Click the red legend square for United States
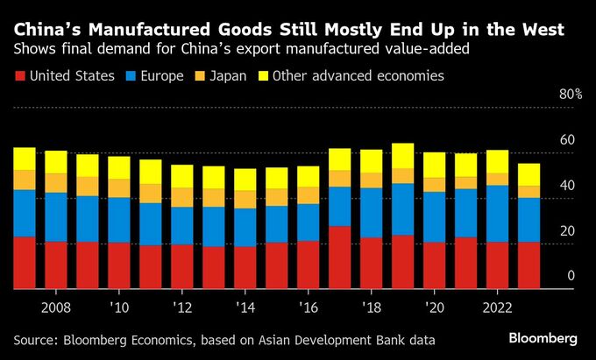click(x=19, y=76)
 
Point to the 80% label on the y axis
click(x=569, y=95)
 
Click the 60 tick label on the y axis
click(x=567, y=140)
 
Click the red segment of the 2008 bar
click(x=56, y=265)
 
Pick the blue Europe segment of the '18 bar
click(x=372, y=212)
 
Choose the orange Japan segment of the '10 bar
click(x=119, y=188)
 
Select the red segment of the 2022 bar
click(x=498, y=265)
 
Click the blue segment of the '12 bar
click(x=182, y=225)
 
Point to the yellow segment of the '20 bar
click(x=435, y=165)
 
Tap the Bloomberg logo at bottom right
click(x=543, y=338)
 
